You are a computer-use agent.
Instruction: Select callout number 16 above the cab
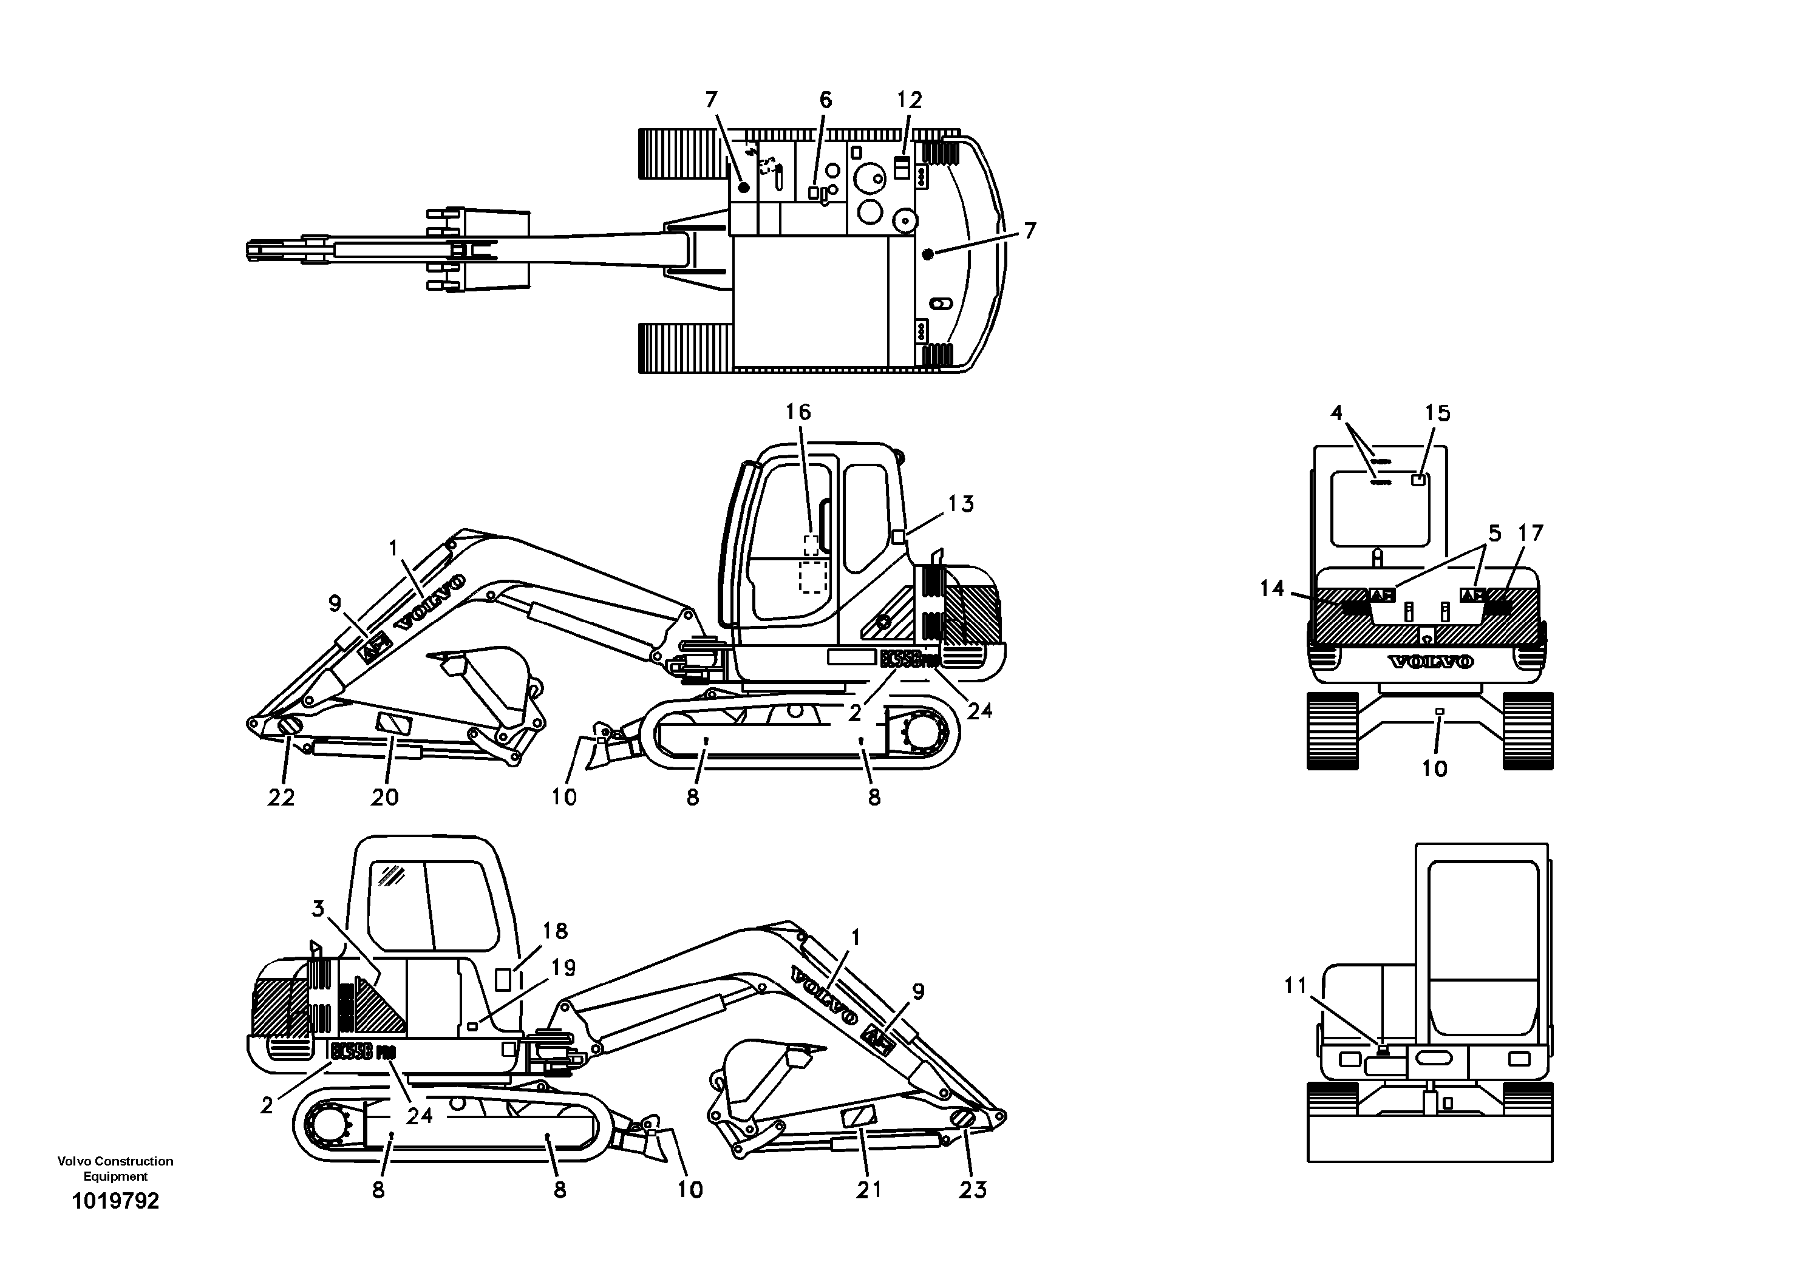(797, 412)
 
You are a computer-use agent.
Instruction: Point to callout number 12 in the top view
(909, 100)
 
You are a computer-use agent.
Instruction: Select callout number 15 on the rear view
(1437, 413)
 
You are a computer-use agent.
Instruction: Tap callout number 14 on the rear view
(1272, 588)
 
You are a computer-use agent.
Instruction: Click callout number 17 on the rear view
(1531, 534)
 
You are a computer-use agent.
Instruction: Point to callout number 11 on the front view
(1295, 985)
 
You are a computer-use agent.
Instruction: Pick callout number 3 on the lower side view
(318, 909)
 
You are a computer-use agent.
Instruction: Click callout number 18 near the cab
(555, 931)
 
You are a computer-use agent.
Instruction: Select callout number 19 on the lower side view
(563, 968)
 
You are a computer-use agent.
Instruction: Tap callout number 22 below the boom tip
(281, 797)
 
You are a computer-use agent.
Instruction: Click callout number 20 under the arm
(385, 797)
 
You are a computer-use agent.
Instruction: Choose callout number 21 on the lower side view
(869, 1190)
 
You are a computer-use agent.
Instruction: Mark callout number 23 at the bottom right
(973, 1190)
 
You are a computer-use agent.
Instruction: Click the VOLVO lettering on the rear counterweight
(1430, 662)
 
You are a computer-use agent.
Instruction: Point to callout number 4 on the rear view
(1336, 413)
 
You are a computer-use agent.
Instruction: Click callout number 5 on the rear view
(1494, 534)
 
